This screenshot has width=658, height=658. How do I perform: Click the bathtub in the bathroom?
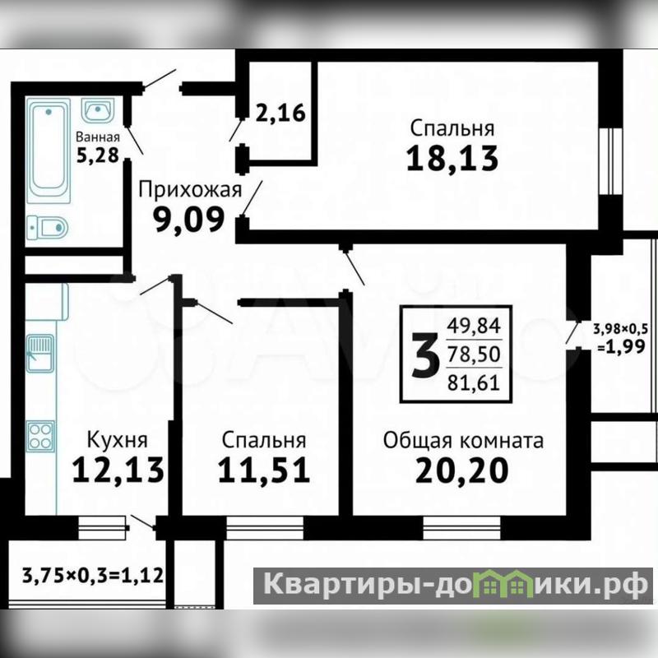click(x=49, y=151)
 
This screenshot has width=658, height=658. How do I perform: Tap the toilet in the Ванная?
click(x=47, y=228)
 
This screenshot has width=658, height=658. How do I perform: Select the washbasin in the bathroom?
click(x=97, y=111)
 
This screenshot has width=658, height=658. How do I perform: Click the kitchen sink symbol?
click(x=39, y=353)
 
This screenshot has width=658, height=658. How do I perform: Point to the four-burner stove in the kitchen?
click(x=40, y=436)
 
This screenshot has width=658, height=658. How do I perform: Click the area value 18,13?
click(x=452, y=159)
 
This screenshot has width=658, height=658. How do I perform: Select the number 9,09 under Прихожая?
click(x=189, y=220)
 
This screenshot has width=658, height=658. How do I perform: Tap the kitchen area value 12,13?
click(x=118, y=470)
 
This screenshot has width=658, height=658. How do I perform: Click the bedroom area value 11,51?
click(x=263, y=470)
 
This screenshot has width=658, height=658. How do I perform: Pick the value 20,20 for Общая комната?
click(x=462, y=470)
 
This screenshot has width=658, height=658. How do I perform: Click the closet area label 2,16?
click(x=280, y=113)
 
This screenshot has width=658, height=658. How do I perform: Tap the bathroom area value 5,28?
click(x=98, y=155)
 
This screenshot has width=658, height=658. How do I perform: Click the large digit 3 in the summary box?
click(x=425, y=354)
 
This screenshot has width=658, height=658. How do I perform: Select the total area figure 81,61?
click(x=474, y=383)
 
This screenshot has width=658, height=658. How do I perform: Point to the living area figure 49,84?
click(x=474, y=326)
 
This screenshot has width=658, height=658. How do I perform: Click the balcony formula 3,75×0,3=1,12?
click(x=93, y=575)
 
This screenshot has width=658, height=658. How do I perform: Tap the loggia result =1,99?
click(x=622, y=346)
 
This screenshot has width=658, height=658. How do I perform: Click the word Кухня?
click(x=117, y=440)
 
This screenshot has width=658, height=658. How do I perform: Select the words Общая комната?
click(x=463, y=441)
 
